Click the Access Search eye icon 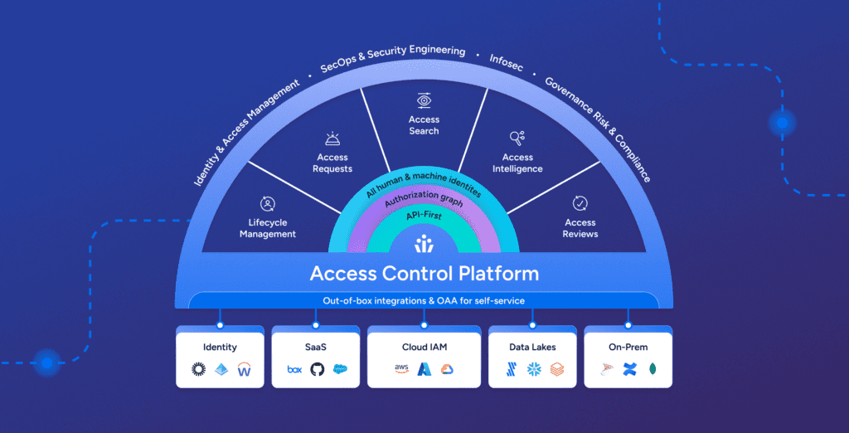[x=424, y=100]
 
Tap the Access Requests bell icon [x=332, y=139]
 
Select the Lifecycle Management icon [x=268, y=203]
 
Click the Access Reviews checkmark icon [x=580, y=203]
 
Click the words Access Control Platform [x=424, y=273]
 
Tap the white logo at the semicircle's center [x=424, y=243]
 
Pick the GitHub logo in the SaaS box [x=317, y=369]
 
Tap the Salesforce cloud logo [x=340, y=369]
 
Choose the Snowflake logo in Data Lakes [x=534, y=369]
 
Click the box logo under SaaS [x=294, y=369]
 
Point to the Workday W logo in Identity [x=244, y=369]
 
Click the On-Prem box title [x=628, y=347]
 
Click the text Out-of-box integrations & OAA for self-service [x=424, y=299]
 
